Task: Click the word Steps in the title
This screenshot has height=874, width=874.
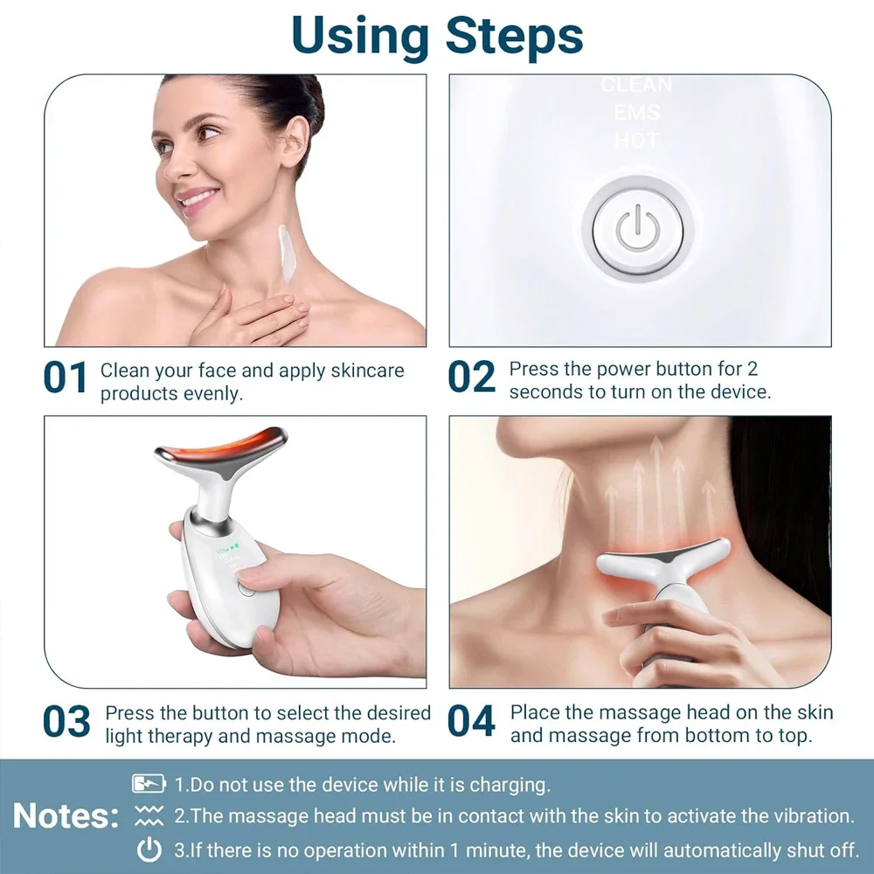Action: tap(514, 35)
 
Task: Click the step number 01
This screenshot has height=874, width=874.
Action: tap(66, 378)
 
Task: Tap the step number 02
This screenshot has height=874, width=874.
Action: tap(471, 378)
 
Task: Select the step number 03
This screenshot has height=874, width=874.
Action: tap(66, 722)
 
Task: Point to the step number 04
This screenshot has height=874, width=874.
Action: tap(471, 722)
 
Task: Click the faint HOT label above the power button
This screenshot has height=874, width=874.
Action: tap(636, 140)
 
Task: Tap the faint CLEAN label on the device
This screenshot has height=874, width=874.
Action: tap(636, 86)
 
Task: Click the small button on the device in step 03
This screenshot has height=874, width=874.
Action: tap(246, 588)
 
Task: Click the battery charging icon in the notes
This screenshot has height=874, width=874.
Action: tap(149, 784)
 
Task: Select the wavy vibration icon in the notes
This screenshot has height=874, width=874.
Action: tap(149, 817)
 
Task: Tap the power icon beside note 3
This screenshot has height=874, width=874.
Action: tap(149, 850)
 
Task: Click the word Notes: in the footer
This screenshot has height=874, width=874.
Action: tap(66, 816)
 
